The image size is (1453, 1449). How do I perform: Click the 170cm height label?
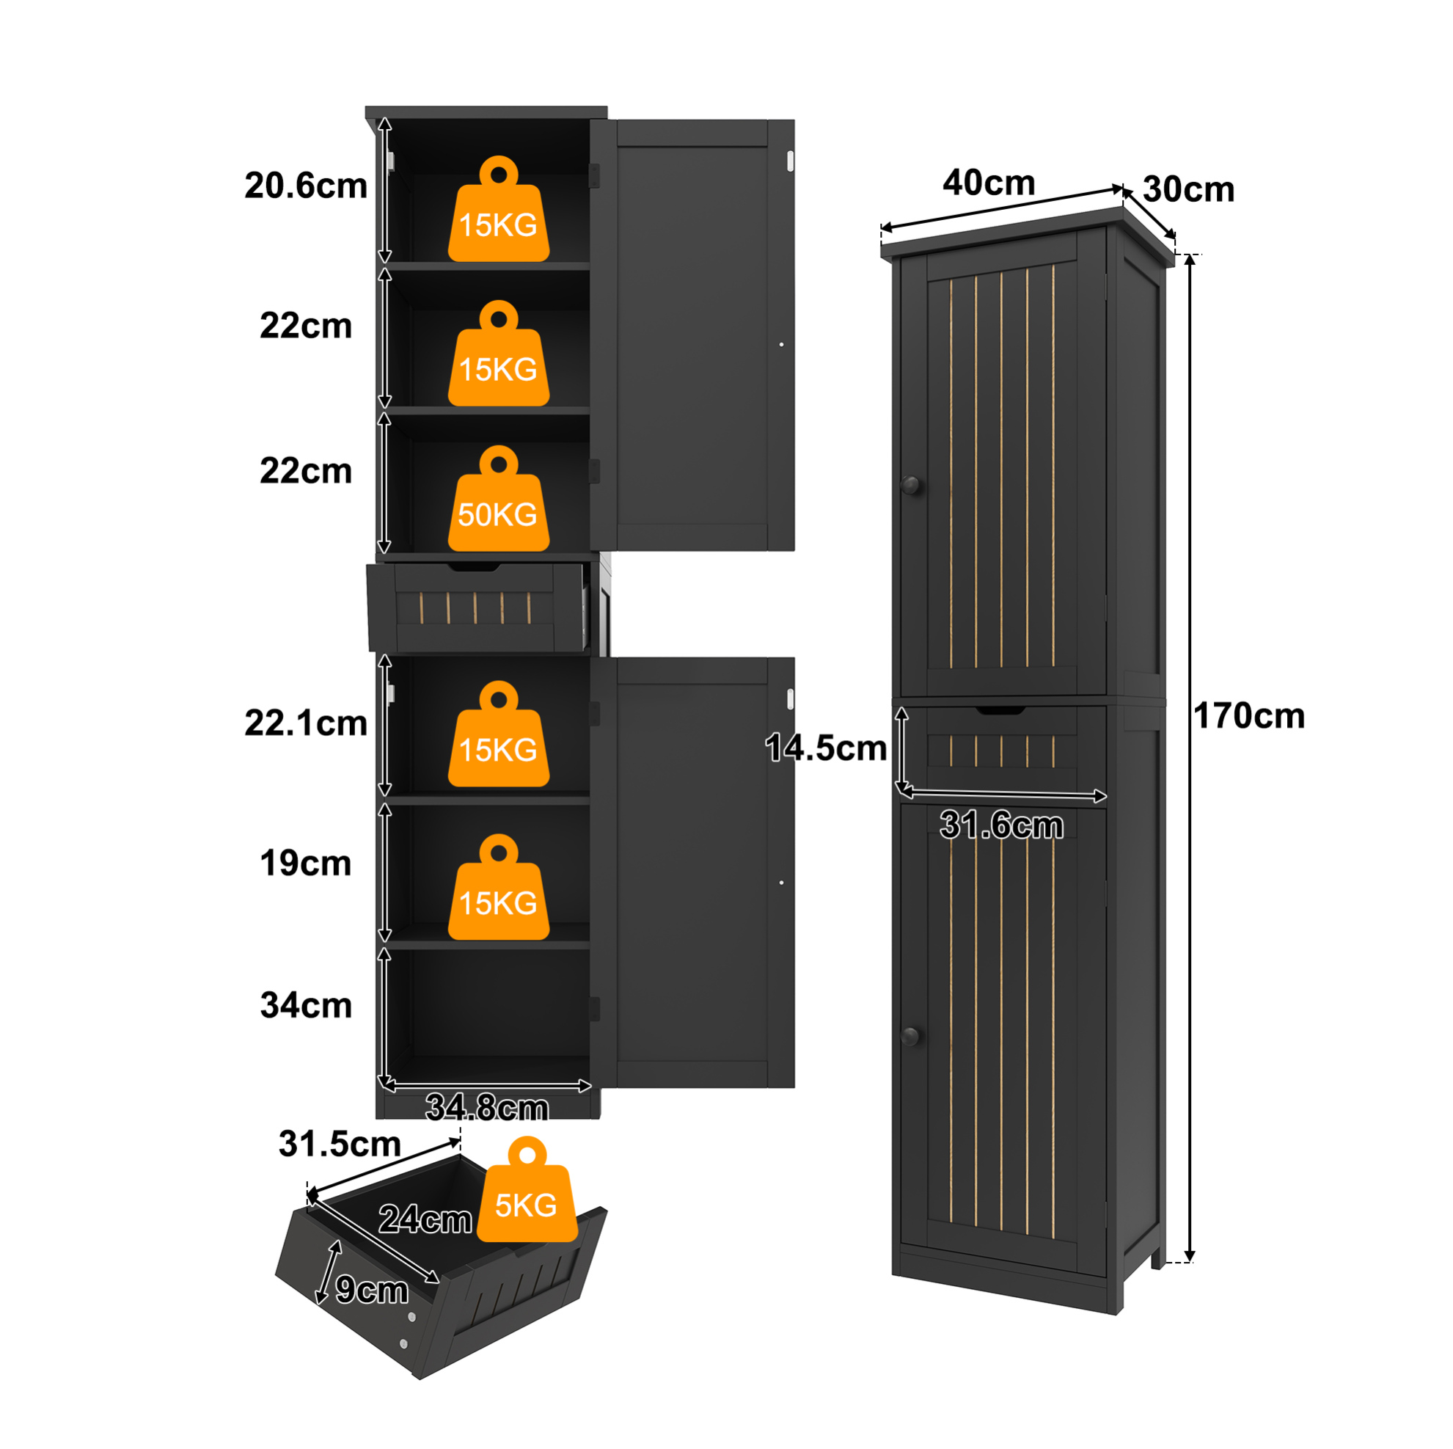coord(1248,716)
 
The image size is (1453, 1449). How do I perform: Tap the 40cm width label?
coord(989,183)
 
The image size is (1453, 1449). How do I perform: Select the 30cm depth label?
coord(1188,189)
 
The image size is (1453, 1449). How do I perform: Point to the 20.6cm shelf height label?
coord(306,186)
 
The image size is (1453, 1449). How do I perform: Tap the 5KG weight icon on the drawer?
coord(527,1190)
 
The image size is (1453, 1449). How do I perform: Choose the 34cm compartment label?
coord(306,1005)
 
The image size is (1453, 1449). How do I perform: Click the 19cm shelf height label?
coord(306,863)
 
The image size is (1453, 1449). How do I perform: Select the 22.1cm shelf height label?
coord(306,723)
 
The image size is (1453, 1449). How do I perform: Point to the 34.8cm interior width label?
coord(487,1107)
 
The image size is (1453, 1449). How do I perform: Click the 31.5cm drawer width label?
coord(340,1145)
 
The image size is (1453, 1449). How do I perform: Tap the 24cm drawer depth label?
coord(425,1219)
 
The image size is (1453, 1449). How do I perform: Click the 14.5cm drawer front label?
coord(826,748)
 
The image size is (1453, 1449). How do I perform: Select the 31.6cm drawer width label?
coord(1002,825)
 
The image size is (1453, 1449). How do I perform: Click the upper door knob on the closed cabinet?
coord(911,485)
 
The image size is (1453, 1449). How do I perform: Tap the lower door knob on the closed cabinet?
coord(911,1037)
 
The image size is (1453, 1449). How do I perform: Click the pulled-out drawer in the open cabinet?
coord(477,607)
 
